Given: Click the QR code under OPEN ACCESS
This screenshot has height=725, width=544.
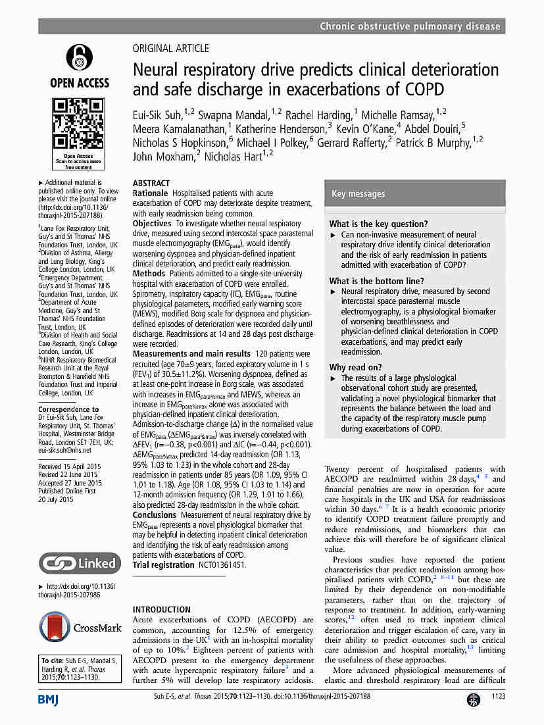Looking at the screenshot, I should point(78,124).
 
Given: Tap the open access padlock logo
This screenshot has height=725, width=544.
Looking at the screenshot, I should point(79,59).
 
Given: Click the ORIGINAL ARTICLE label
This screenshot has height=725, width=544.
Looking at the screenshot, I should point(171,48).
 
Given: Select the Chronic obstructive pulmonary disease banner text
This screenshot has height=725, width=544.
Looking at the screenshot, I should point(410,26).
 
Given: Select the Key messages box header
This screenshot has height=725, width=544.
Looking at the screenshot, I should point(358,193).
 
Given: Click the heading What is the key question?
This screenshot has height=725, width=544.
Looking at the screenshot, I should point(378,224).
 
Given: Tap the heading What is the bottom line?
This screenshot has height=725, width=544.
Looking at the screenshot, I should point(377,281).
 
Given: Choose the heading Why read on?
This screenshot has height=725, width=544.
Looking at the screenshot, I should point(355,367).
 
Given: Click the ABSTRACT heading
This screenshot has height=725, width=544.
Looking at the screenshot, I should point(151,183).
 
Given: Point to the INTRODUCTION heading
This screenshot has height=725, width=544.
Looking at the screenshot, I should point(162,609).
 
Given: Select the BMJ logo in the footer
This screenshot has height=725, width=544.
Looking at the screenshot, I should point(47,700).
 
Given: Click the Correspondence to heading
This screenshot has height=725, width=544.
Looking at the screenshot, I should point(68,409).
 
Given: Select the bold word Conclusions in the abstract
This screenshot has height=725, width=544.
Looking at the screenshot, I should point(155,514).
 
